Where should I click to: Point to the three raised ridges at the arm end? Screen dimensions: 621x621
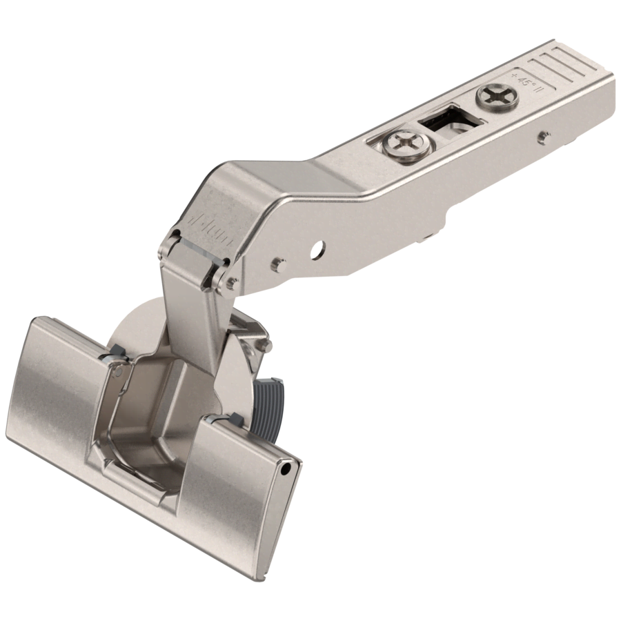click(559, 66)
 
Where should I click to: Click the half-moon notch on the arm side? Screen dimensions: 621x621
click(317, 247)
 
